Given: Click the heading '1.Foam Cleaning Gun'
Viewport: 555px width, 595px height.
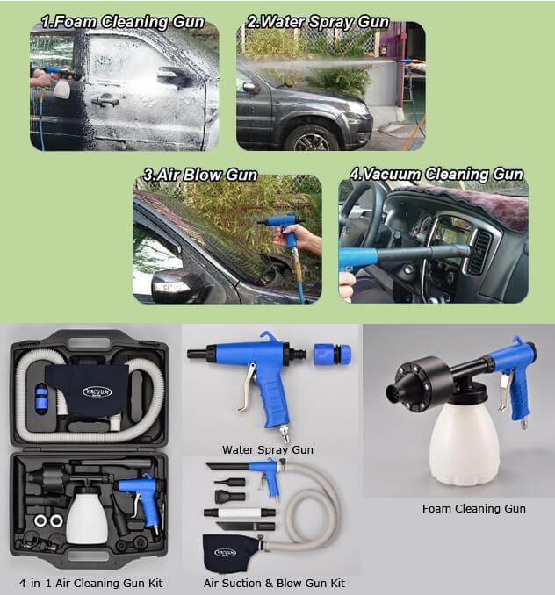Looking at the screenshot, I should click(x=122, y=20).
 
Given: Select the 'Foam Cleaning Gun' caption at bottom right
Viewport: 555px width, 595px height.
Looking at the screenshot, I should click(x=461, y=508).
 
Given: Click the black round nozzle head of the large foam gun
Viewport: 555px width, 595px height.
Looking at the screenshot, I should click(x=412, y=386).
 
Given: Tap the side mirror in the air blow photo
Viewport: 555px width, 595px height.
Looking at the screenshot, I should click(x=176, y=284).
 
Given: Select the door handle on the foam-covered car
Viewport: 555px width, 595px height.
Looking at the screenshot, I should click(x=105, y=100).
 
